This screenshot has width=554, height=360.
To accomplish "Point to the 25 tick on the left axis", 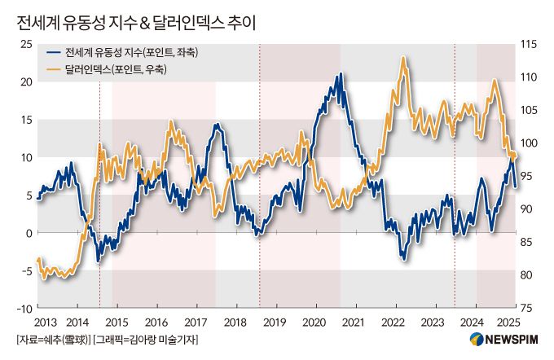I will (25, 44).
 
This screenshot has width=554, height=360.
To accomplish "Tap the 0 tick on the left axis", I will (28, 233).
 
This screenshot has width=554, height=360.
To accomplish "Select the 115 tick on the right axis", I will (527, 44).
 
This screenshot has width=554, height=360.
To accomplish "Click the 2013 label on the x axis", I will (46, 323).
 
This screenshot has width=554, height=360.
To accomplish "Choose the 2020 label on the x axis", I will (313, 323).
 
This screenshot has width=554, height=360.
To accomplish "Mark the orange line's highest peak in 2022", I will (403, 59).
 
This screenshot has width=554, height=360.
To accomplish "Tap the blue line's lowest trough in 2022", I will (403, 259).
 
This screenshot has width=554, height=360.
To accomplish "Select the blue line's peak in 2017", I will (216, 125).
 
